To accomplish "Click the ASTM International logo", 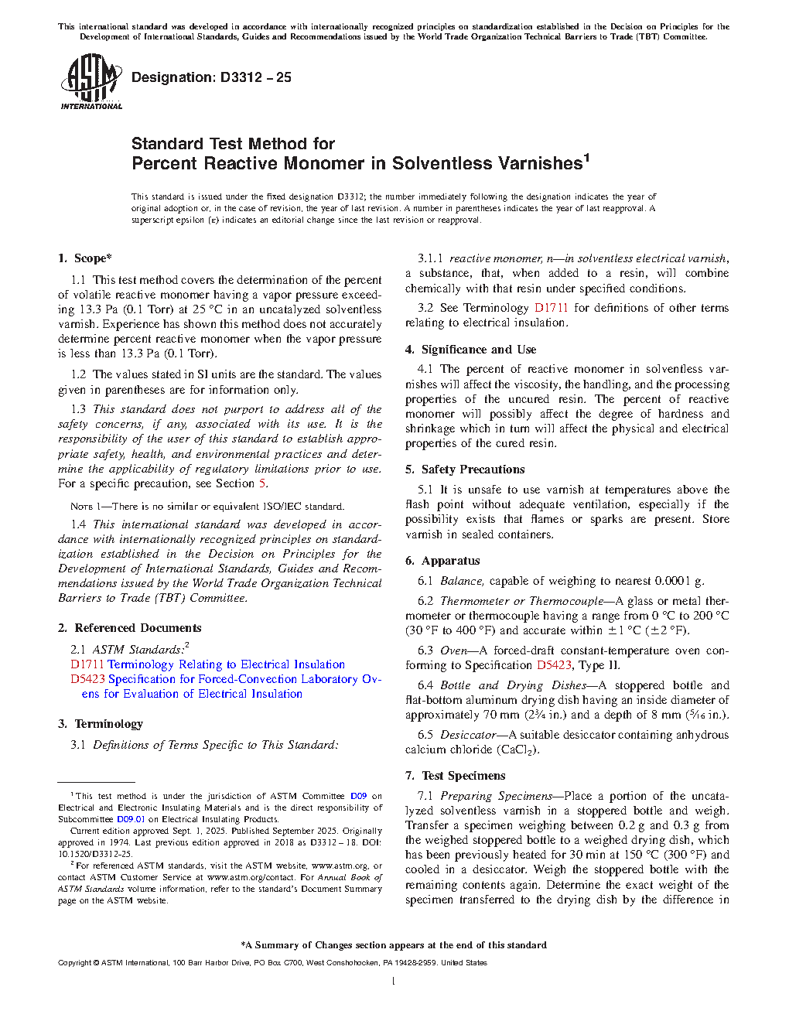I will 91,81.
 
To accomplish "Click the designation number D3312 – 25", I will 255,77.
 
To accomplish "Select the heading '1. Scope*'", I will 85,258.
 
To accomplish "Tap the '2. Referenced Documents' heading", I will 130,628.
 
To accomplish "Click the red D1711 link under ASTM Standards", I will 87,664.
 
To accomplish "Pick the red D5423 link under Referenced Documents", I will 87,679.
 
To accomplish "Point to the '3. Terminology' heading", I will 101,724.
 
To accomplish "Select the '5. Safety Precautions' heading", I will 465,470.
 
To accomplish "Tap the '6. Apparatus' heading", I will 442,561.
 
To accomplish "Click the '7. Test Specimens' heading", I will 455,776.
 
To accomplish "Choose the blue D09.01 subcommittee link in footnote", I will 130,819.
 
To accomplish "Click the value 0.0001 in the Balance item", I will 673,581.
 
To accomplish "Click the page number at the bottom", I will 394,982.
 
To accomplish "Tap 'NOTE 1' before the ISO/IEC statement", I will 82,507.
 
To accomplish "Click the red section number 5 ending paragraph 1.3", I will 262,483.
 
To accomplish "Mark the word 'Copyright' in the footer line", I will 74,963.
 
